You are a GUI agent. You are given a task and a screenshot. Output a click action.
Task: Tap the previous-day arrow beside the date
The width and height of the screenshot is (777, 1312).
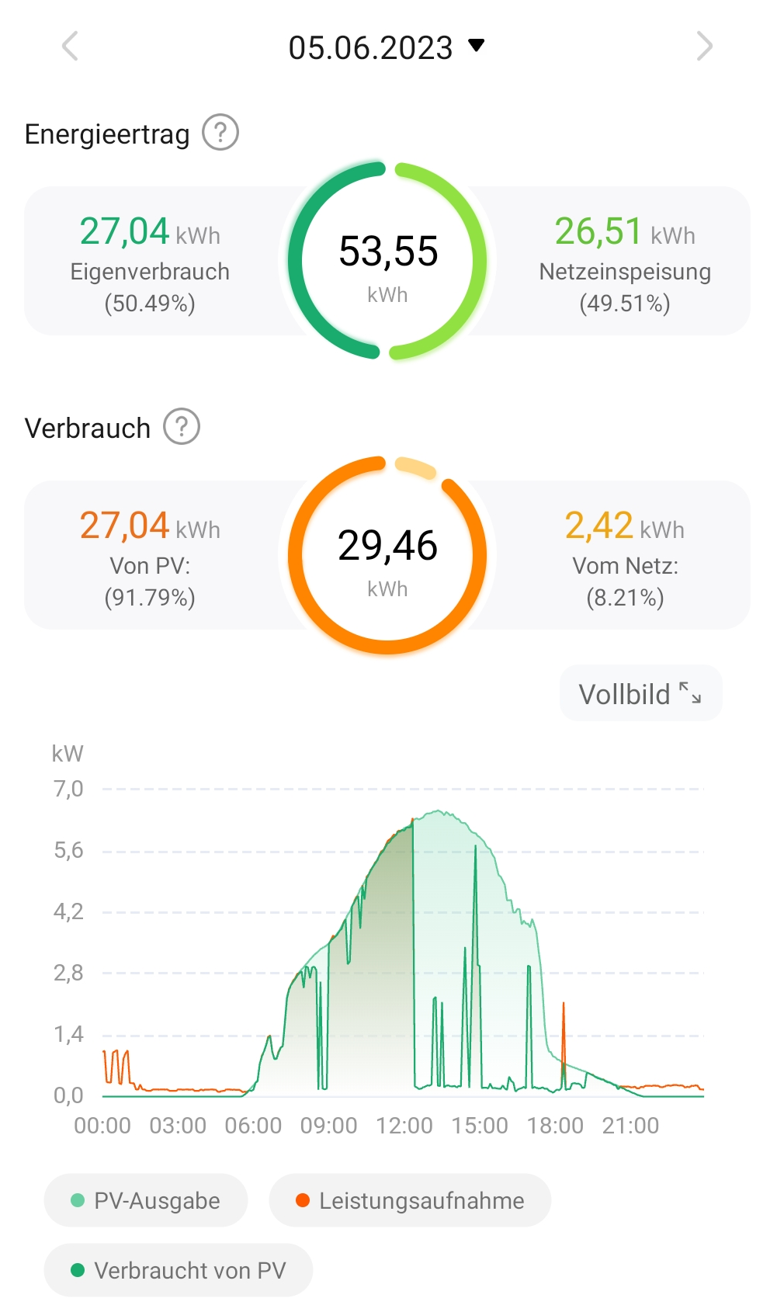[71, 46]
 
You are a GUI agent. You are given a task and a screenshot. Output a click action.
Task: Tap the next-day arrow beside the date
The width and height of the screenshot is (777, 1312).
[704, 46]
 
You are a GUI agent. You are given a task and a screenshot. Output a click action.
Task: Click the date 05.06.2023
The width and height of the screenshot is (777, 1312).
[371, 47]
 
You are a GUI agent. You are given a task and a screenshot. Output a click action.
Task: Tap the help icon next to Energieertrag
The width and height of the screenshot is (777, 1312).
[220, 133]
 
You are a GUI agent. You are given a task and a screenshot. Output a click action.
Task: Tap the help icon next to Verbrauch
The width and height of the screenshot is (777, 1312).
[182, 427]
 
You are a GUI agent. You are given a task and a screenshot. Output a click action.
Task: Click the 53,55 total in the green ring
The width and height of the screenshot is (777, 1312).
[388, 251]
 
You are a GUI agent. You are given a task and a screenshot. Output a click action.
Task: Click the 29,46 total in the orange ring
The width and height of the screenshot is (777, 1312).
[387, 545]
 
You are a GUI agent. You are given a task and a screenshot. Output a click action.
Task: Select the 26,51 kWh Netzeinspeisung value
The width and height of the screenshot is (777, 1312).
[624, 231]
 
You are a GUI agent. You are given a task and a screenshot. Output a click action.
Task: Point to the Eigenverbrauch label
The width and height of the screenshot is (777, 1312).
[150, 272]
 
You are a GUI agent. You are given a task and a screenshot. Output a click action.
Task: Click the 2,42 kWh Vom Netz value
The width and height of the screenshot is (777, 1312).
[624, 526]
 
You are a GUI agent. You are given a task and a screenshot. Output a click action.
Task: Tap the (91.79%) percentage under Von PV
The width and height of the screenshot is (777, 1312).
[150, 598]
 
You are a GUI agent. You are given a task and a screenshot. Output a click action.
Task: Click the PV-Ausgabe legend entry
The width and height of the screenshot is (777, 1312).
[146, 1200]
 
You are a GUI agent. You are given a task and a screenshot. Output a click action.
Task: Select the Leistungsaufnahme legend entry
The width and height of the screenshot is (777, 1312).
[410, 1200]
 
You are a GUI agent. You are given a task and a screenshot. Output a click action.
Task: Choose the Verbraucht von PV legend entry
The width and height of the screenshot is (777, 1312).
[179, 1270]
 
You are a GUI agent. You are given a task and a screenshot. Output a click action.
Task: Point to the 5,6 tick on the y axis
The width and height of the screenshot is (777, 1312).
[68, 851]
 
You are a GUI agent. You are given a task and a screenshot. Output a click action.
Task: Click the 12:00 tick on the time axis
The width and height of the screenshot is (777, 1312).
[404, 1126]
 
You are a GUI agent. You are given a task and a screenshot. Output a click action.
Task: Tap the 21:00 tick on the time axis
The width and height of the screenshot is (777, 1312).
[630, 1126]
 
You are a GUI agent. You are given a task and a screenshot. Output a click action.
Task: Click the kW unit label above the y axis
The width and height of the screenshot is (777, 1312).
[68, 753]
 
